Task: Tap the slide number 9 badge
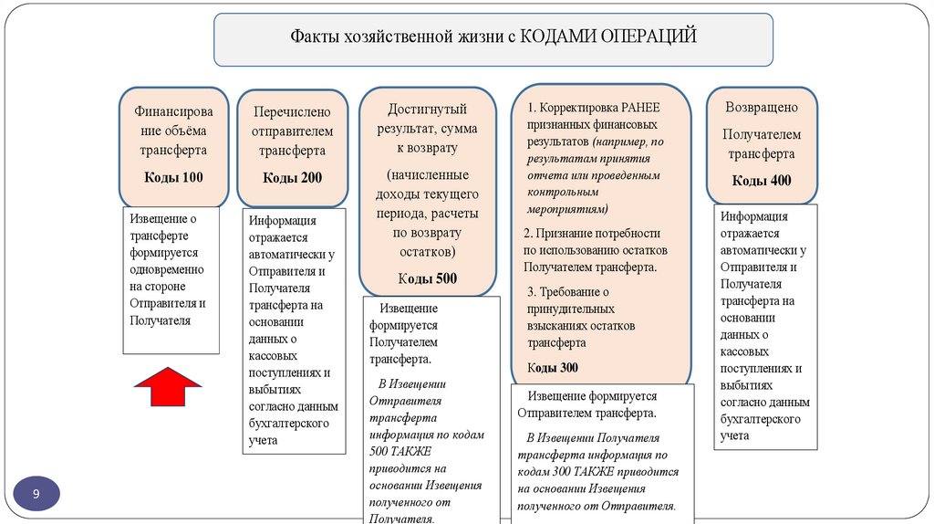36,494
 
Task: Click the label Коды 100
173,177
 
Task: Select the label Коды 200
292,177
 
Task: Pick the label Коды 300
553,368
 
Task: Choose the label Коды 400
762,181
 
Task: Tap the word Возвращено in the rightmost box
762,107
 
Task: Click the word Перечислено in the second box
292,111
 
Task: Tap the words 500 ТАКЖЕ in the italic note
400,452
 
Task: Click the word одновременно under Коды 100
167,269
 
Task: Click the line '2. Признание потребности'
589,233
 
